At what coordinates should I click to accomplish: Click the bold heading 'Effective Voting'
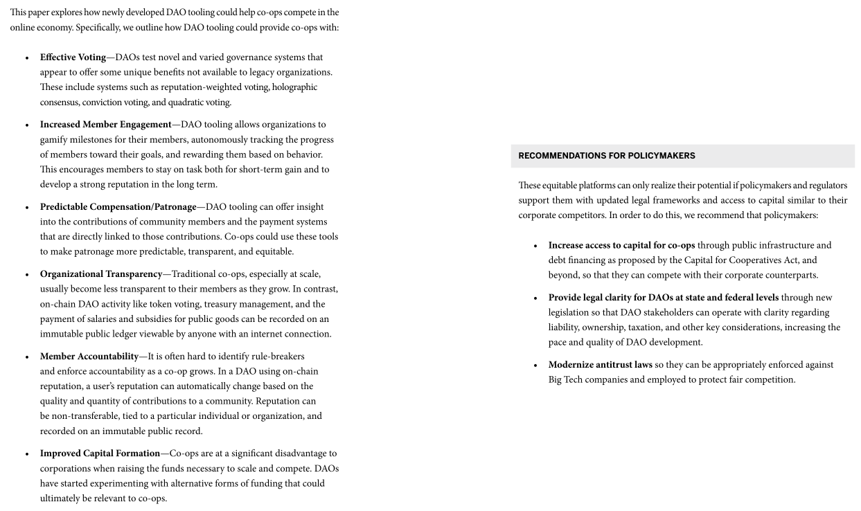coord(73,57)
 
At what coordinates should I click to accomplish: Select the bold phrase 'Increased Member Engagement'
coord(105,125)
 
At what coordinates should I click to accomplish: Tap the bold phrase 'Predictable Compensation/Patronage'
coord(118,207)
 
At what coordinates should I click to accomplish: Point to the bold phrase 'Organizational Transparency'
coord(100,274)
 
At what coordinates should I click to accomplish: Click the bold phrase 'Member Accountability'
coord(89,357)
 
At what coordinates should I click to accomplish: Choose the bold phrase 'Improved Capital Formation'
coord(100,454)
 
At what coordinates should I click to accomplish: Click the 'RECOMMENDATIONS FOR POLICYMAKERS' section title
coord(606,156)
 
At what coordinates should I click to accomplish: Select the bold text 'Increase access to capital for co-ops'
coord(621,245)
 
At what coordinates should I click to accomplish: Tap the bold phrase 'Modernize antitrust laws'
coord(600,365)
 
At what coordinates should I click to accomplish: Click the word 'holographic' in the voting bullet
coord(294,87)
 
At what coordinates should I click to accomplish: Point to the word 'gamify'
coord(55,140)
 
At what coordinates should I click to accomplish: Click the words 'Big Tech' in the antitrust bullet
coord(565,379)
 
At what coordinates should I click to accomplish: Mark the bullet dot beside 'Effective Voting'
coord(27,58)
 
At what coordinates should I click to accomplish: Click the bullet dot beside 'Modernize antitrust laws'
coord(535,366)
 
